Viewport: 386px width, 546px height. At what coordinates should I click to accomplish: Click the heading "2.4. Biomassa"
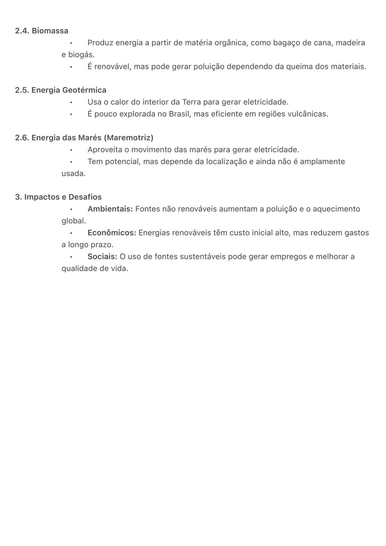coord(41,31)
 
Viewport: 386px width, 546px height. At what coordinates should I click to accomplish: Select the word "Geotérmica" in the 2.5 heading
coord(84,90)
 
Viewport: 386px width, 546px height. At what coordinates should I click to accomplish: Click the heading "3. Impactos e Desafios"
coord(58,197)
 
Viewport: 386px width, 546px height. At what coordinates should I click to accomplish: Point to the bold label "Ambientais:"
coord(110,209)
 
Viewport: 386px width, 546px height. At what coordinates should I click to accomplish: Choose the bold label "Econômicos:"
coord(112,233)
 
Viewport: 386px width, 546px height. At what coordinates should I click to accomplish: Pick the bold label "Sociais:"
coord(102,256)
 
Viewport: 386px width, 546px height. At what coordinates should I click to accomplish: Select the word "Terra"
coord(192,102)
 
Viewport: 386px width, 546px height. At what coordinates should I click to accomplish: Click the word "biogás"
coord(81,55)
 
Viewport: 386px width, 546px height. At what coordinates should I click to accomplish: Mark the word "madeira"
coord(350,43)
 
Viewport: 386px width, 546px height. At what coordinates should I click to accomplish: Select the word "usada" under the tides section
coord(73,173)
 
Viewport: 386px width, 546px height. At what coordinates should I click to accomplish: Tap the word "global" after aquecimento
coord(73,221)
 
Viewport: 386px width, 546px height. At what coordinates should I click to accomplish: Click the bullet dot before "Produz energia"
coord(71,43)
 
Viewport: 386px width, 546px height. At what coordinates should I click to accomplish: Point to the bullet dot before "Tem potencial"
coord(71,162)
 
